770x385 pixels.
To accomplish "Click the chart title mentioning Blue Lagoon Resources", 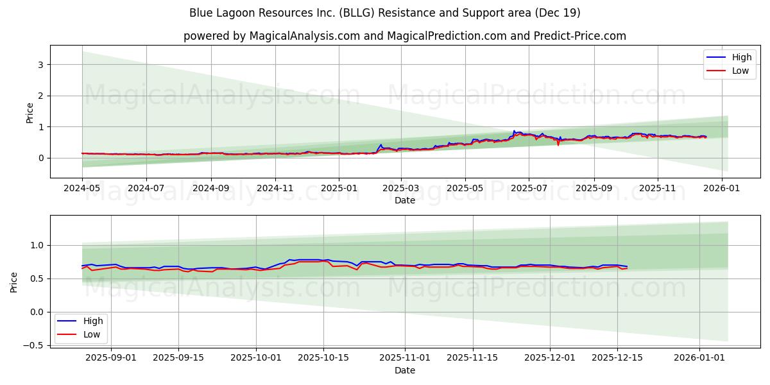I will click(385, 13).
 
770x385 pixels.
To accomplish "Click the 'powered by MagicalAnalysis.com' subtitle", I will click(404, 36).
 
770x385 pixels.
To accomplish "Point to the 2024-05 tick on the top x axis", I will click(82, 189).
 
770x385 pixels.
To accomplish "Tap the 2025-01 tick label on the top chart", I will click(339, 189).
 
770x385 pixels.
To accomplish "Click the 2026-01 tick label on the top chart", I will click(722, 189).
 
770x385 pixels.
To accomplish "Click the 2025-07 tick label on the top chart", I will click(529, 189).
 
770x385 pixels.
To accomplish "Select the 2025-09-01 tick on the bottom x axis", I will click(111, 357).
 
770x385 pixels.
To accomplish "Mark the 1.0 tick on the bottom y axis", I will click(38, 245).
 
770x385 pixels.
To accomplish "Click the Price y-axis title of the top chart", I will click(30, 112).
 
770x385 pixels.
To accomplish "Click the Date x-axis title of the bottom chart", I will click(404, 370).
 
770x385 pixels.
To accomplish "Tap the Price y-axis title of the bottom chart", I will click(14, 282).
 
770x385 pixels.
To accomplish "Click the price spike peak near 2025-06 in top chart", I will click(513, 131).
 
